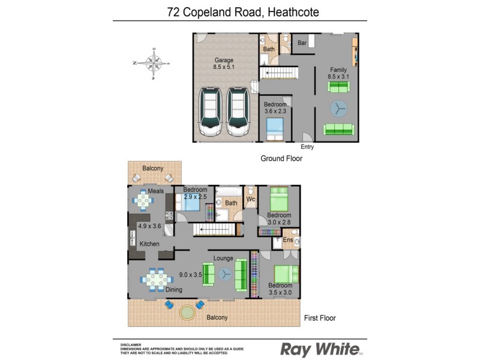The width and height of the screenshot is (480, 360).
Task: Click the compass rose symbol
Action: click(x=155, y=62)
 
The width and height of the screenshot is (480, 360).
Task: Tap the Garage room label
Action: click(x=224, y=60)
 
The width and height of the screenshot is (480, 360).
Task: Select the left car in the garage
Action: click(x=210, y=112)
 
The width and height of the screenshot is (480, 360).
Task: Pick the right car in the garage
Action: click(x=238, y=112)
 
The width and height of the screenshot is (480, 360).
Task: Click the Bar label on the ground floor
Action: click(x=302, y=43)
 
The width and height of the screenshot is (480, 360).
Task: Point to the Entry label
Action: click(x=307, y=147)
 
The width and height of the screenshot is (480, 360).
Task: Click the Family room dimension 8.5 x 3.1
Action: click(x=338, y=77)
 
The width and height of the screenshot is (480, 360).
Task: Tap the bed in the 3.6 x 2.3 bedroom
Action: click(x=275, y=128)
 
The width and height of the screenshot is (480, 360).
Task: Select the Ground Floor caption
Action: click(x=281, y=159)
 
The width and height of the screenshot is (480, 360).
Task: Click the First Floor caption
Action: click(x=320, y=318)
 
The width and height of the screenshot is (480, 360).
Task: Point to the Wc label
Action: click(x=251, y=199)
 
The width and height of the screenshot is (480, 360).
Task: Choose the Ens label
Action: click(x=288, y=240)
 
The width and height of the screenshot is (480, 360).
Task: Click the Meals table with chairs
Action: click(x=143, y=200)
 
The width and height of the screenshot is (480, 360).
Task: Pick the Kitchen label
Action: click(x=149, y=244)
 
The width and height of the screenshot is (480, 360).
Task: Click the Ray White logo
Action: click(x=322, y=349)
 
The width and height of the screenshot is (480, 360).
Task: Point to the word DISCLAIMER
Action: click(x=131, y=344)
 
